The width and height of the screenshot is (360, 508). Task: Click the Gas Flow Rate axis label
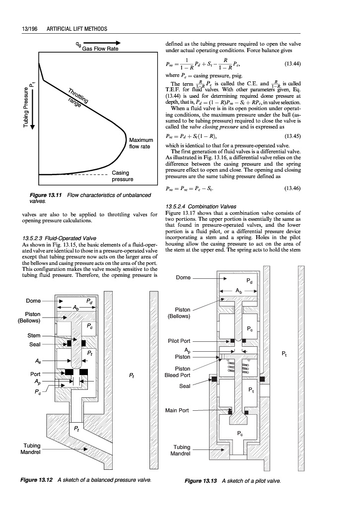click(100, 49)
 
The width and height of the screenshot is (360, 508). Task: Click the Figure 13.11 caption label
click(45, 194)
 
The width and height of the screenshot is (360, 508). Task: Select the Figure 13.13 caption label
click(201, 481)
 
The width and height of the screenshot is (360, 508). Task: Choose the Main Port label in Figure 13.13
click(177, 410)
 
